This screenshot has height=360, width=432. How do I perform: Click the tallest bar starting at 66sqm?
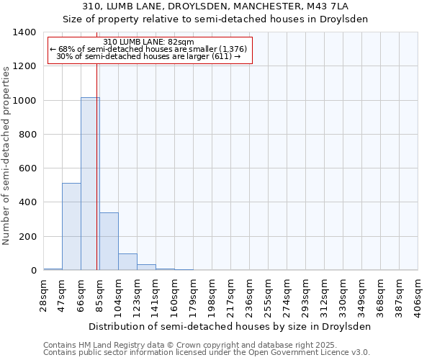tap(90, 184)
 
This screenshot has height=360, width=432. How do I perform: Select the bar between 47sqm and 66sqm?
tap(71, 227)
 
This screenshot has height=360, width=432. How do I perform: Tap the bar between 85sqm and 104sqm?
tap(109, 241)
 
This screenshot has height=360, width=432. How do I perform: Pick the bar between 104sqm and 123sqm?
tap(127, 262)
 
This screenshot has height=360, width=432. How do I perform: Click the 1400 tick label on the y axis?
tap(24, 32)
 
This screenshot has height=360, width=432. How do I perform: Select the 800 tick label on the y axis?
tap(27, 135)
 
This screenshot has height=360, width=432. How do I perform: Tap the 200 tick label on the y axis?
tap(27, 237)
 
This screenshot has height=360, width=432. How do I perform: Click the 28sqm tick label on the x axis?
tap(44, 294)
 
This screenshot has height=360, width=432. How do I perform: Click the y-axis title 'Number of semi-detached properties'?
tap(7, 156)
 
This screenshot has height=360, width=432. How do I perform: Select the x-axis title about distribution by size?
tap(230, 326)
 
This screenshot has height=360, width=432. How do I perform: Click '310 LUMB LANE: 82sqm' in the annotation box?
tap(149, 42)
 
